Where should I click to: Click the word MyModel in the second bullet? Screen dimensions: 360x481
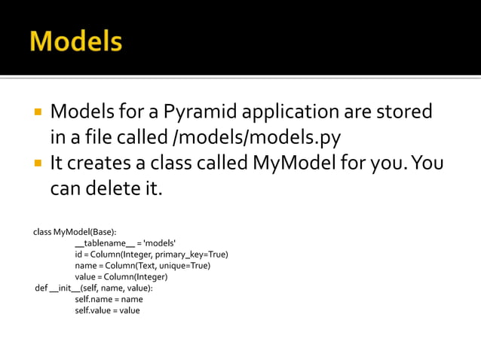point(296,163)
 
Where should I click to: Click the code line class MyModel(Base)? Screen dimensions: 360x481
point(75,231)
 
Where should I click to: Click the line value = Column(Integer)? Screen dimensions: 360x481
point(121,276)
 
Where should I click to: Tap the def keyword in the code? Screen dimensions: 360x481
point(41,288)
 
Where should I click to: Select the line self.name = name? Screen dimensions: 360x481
point(109,299)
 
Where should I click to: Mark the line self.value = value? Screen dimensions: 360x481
point(107,310)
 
